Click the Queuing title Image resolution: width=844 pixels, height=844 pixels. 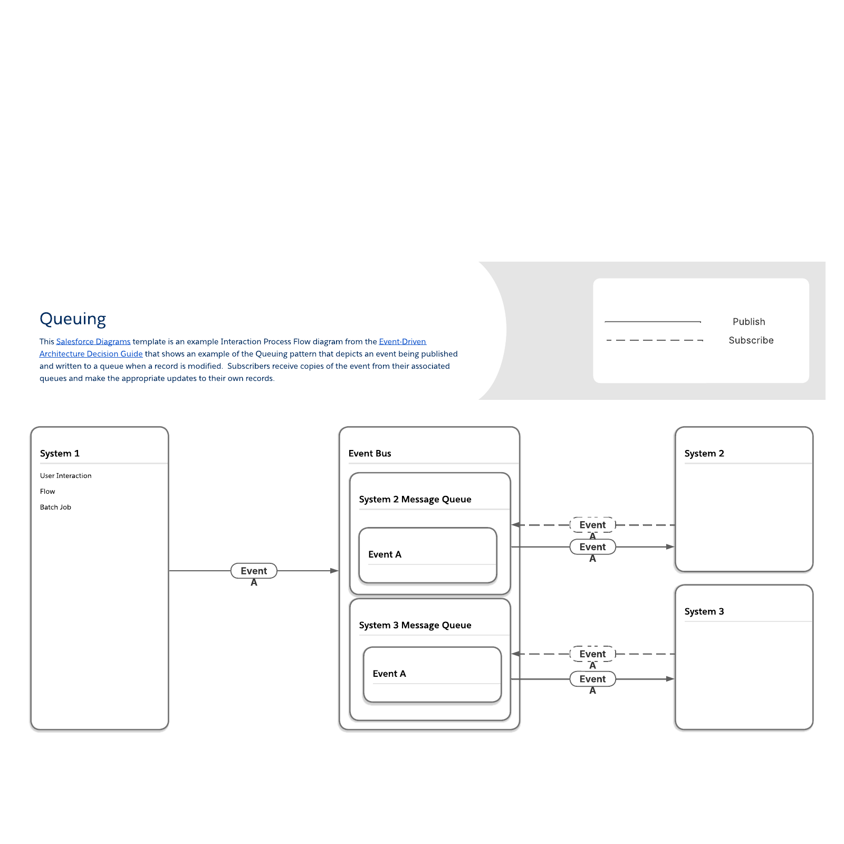73,319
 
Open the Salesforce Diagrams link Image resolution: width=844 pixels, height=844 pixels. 93,342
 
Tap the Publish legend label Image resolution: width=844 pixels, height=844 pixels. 749,322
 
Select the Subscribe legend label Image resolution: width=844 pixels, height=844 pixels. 751,341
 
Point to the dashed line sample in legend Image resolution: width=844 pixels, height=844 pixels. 654,341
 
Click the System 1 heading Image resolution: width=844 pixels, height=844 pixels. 60,454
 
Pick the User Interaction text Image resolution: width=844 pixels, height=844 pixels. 65,476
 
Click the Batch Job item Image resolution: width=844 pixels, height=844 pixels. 55,507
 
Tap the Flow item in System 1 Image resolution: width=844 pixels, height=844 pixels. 47,492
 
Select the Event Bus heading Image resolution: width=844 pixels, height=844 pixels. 370,454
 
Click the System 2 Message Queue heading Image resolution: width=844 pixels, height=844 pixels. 415,500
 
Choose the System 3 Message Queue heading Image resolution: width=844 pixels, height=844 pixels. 415,626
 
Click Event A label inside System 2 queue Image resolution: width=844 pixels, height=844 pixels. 385,554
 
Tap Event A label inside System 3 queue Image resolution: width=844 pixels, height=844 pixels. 389,674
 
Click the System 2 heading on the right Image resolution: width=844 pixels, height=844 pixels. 704,454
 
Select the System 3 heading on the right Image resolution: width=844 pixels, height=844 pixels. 704,612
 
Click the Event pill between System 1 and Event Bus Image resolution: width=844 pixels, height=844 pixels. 254,571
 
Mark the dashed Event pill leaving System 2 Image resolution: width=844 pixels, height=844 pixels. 592,525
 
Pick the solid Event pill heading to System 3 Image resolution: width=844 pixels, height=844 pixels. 592,679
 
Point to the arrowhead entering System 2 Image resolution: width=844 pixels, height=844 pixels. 670,547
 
